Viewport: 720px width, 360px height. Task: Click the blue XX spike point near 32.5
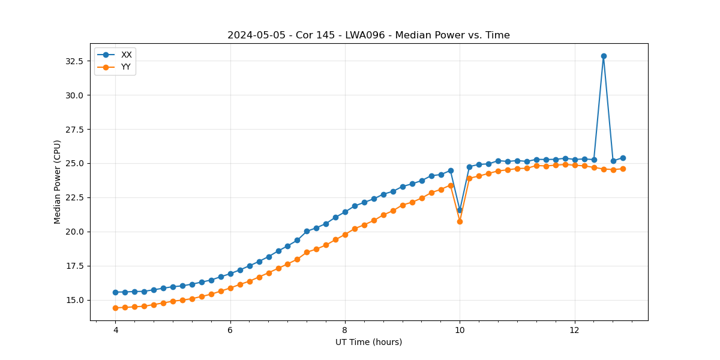(x=604, y=56)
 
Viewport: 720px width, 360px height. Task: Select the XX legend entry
(x=126, y=55)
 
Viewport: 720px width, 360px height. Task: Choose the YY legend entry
(x=126, y=67)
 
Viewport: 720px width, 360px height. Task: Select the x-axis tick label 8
(x=345, y=330)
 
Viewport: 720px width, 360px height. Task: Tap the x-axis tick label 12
(x=575, y=330)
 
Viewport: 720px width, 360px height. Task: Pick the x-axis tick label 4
(x=115, y=330)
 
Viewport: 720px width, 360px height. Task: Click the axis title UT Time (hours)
(x=368, y=342)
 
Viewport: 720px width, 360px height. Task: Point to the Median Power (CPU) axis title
(x=58, y=182)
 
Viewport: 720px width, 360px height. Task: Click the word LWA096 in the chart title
(x=366, y=35)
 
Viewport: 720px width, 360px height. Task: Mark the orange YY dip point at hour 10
(x=460, y=221)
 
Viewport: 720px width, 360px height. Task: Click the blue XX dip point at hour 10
(x=460, y=210)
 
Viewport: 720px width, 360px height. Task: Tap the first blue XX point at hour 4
(x=115, y=292)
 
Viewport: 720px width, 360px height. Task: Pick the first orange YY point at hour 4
(x=115, y=308)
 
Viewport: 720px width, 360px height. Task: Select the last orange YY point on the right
(x=623, y=169)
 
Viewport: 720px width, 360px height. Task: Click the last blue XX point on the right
(x=623, y=158)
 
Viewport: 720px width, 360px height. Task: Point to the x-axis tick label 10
(x=460, y=330)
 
